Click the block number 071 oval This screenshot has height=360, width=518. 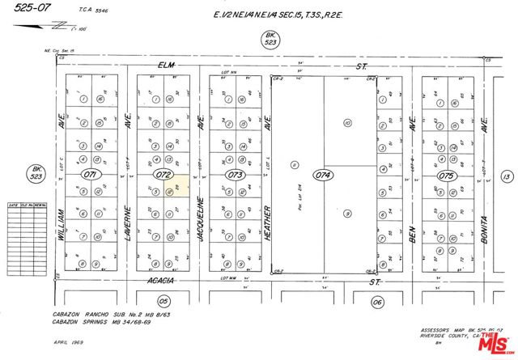[90, 174]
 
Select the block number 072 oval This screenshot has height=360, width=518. [164, 174]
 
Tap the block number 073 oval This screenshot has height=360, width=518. [236, 174]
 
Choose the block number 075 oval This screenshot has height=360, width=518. [446, 175]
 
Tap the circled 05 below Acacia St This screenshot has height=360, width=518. [163, 300]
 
